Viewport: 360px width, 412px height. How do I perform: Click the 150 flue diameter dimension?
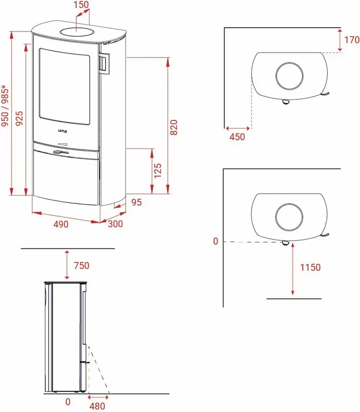[81, 5]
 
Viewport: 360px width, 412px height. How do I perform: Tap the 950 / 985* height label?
[5, 106]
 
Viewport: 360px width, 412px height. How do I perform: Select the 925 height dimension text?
[19, 118]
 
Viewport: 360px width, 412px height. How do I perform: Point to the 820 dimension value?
[174, 127]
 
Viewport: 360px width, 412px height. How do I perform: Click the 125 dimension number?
[158, 171]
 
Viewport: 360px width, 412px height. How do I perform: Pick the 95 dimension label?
[136, 202]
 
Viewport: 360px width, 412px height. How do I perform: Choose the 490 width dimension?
[61, 225]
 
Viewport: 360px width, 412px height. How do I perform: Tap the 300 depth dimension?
[115, 224]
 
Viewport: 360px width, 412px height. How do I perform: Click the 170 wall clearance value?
[352, 40]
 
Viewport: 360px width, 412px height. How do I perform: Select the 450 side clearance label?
[237, 137]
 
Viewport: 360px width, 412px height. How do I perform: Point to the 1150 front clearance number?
[311, 267]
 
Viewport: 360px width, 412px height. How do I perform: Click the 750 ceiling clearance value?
[81, 266]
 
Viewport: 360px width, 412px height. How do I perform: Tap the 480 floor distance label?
[97, 406]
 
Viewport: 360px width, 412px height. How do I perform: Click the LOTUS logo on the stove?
[62, 131]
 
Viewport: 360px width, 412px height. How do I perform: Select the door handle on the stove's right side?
[104, 63]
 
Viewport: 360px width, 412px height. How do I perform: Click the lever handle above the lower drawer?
[61, 152]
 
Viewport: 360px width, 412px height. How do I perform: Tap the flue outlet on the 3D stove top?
[77, 32]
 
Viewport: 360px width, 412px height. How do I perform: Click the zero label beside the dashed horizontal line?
[216, 241]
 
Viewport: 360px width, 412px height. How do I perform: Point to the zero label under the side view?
[68, 402]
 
